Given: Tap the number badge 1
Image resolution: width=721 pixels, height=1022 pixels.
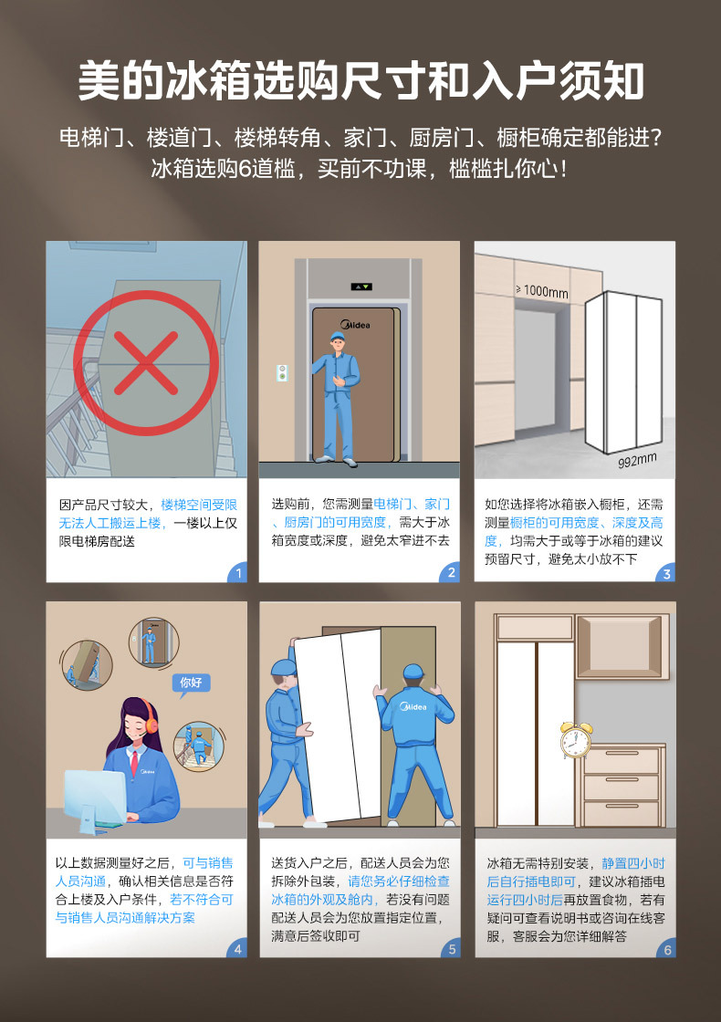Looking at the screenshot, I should pyautogui.click(x=238, y=573).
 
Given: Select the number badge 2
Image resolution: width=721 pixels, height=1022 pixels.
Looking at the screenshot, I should pyautogui.click(x=451, y=573).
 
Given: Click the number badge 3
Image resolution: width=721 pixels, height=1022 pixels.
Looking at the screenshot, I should pyautogui.click(x=666, y=573).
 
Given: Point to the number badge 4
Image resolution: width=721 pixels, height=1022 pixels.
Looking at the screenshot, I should pyautogui.click(x=238, y=949).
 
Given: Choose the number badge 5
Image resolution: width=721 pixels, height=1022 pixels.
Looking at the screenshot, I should pyautogui.click(x=451, y=949).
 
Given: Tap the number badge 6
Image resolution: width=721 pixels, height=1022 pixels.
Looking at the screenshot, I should pyautogui.click(x=666, y=949).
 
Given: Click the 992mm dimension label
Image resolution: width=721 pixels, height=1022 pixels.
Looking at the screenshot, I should pyautogui.click(x=637, y=461).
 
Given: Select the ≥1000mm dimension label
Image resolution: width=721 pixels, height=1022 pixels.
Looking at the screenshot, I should pyautogui.click(x=542, y=292).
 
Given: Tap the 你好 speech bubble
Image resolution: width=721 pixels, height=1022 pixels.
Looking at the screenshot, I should pyautogui.click(x=190, y=682).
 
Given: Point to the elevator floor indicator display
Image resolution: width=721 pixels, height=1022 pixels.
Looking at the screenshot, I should pyautogui.click(x=360, y=287).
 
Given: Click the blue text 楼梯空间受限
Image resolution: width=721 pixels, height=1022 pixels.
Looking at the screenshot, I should pyautogui.click(x=199, y=505).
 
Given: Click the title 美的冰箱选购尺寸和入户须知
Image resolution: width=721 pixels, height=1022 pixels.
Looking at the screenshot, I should pyautogui.click(x=360, y=81).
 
